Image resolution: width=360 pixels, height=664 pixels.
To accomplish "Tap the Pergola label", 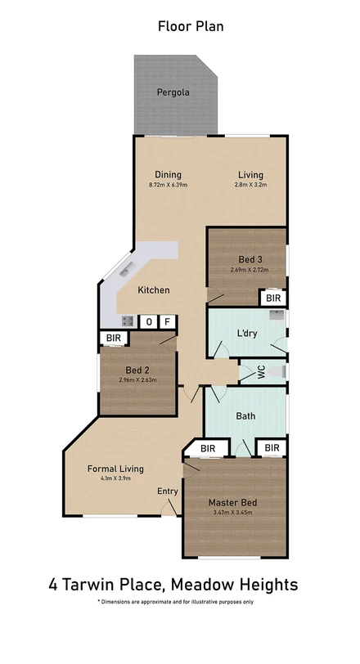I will (x=173, y=92).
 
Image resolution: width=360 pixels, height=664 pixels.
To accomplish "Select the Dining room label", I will (x=168, y=174).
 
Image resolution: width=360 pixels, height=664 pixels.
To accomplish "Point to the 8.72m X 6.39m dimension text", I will (x=168, y=185).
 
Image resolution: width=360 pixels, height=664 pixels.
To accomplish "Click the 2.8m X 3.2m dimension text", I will (x=251, y=185).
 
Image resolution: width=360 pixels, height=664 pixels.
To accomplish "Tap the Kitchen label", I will (x=153, y=290).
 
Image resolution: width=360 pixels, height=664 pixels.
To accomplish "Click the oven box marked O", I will (x=148, y=322).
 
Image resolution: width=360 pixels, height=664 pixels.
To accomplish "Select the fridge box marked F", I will (x=168, y=322).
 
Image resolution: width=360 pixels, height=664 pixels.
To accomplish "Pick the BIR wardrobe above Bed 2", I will (x=111, y=338).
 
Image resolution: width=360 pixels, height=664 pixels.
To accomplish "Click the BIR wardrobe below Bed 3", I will (x=272, y=299).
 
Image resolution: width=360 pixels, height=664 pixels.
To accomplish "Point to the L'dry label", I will (x=248, y=334).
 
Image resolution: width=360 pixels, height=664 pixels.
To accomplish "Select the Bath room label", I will (x=245, y=416).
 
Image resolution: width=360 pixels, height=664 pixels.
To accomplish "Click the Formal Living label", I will (x=116, y=469).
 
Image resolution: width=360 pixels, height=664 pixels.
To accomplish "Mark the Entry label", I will (x=168, y=491).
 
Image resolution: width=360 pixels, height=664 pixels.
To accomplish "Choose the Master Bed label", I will (x=232, y=502).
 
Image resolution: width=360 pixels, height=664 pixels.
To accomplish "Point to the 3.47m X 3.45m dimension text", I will (x=232, y=513).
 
